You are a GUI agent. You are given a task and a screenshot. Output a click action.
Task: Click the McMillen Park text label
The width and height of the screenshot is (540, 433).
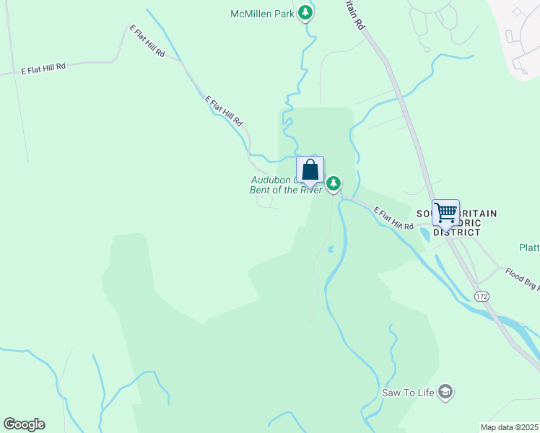263,14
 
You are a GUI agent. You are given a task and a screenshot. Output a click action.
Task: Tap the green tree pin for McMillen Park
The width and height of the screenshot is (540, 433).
306,13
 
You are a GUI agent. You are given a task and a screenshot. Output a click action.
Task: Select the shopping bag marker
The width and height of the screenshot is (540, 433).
310,170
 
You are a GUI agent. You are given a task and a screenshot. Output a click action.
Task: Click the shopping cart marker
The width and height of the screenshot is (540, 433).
445,213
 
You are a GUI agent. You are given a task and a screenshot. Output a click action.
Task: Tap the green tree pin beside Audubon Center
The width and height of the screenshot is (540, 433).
334,183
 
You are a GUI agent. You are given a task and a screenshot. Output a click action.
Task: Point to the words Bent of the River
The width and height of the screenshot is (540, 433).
285,191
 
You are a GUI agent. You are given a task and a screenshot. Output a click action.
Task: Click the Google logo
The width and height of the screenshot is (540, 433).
24,424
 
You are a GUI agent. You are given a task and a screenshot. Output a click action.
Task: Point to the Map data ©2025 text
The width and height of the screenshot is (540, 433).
510,427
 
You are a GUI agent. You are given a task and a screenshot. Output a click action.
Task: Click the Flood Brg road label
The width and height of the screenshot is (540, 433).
521,279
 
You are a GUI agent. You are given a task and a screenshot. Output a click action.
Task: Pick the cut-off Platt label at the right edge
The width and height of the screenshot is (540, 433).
529,248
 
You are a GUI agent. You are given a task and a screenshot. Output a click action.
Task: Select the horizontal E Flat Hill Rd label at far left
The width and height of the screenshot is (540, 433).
43,69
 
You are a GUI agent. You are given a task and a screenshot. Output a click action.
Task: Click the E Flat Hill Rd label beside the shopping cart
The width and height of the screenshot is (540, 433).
393,218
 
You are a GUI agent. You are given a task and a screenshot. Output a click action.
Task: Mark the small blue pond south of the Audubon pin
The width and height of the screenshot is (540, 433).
330,250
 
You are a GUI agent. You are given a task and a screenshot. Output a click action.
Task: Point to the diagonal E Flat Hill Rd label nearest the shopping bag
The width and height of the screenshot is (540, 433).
224,110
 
